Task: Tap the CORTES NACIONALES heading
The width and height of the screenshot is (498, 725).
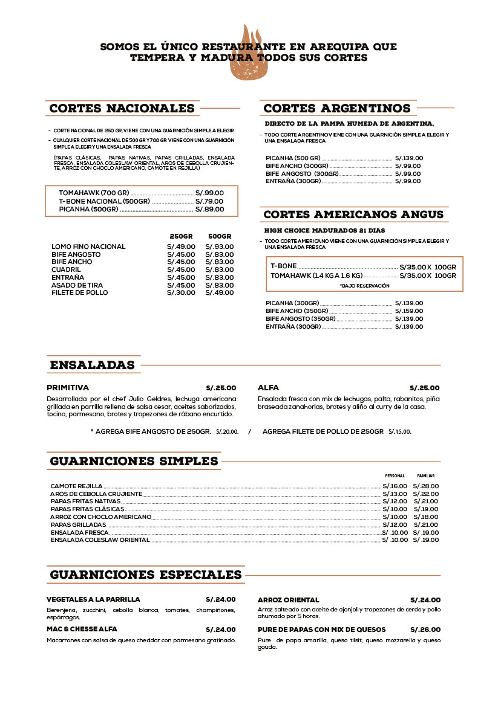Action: point(122,109)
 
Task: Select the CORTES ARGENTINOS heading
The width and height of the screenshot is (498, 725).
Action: point(337,109)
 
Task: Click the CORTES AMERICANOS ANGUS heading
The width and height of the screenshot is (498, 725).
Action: point(353,214)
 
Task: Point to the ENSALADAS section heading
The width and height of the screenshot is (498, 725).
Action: point(92,366)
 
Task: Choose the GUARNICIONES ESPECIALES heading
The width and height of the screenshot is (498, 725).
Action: point(146,575)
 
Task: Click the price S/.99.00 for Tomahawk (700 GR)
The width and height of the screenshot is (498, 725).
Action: point(209,193)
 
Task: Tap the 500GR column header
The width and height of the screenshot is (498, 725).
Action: point(219,236)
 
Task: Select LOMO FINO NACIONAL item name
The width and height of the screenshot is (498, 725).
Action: point(88,246)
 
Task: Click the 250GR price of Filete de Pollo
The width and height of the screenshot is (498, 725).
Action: point(181,292)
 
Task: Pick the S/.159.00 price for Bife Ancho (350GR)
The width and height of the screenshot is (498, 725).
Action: point(409,311)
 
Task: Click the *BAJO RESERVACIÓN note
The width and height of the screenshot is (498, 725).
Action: point(364,285)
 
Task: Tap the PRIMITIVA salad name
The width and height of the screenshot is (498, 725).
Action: point(68,388)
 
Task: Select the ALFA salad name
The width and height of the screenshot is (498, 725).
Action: point(268,388)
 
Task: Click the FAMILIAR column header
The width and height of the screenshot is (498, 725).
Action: point(426,476)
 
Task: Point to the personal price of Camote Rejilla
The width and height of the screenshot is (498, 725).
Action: point(395,486)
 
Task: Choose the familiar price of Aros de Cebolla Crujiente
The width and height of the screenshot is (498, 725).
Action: point(426,494)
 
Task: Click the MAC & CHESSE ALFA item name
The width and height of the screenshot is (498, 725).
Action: point(82,629)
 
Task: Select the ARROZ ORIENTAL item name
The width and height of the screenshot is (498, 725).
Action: point(288,600)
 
